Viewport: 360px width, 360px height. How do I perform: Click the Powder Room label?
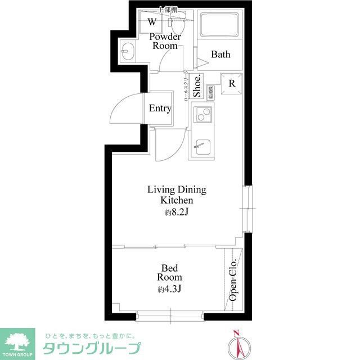click(165, 41)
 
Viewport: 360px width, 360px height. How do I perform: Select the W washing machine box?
click(152, 22)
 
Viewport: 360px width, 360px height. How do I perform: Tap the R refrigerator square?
click(231, 83)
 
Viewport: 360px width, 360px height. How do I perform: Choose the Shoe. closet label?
click(197, 87)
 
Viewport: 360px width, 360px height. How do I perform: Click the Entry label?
click(160, 109)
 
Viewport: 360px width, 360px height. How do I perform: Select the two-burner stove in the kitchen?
click(201, 116)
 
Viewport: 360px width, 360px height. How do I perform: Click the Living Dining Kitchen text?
click(177, 195)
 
